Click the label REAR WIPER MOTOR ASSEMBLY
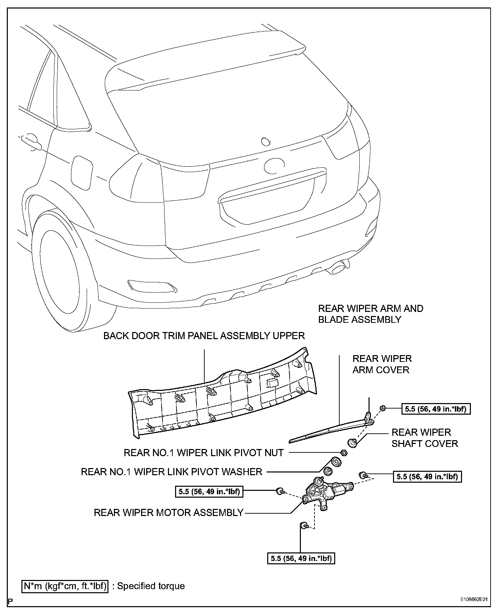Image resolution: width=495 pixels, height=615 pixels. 168,512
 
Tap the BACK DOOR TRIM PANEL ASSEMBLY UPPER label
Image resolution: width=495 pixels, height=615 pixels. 204,336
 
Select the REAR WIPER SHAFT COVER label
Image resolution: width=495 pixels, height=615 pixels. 425,438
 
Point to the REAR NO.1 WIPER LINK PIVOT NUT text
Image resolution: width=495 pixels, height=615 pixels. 203,453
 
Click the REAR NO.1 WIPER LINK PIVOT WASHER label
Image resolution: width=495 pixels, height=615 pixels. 171,472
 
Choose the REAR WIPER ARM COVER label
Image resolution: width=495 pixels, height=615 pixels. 382,364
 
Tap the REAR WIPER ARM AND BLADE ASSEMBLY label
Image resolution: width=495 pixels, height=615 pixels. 371,314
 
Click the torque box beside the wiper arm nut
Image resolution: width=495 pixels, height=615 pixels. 436,409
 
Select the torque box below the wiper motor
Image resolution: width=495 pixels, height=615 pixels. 301,558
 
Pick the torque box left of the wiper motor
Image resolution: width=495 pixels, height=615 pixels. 209,492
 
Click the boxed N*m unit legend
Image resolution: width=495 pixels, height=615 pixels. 65,586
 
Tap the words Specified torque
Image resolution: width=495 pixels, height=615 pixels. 151,586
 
